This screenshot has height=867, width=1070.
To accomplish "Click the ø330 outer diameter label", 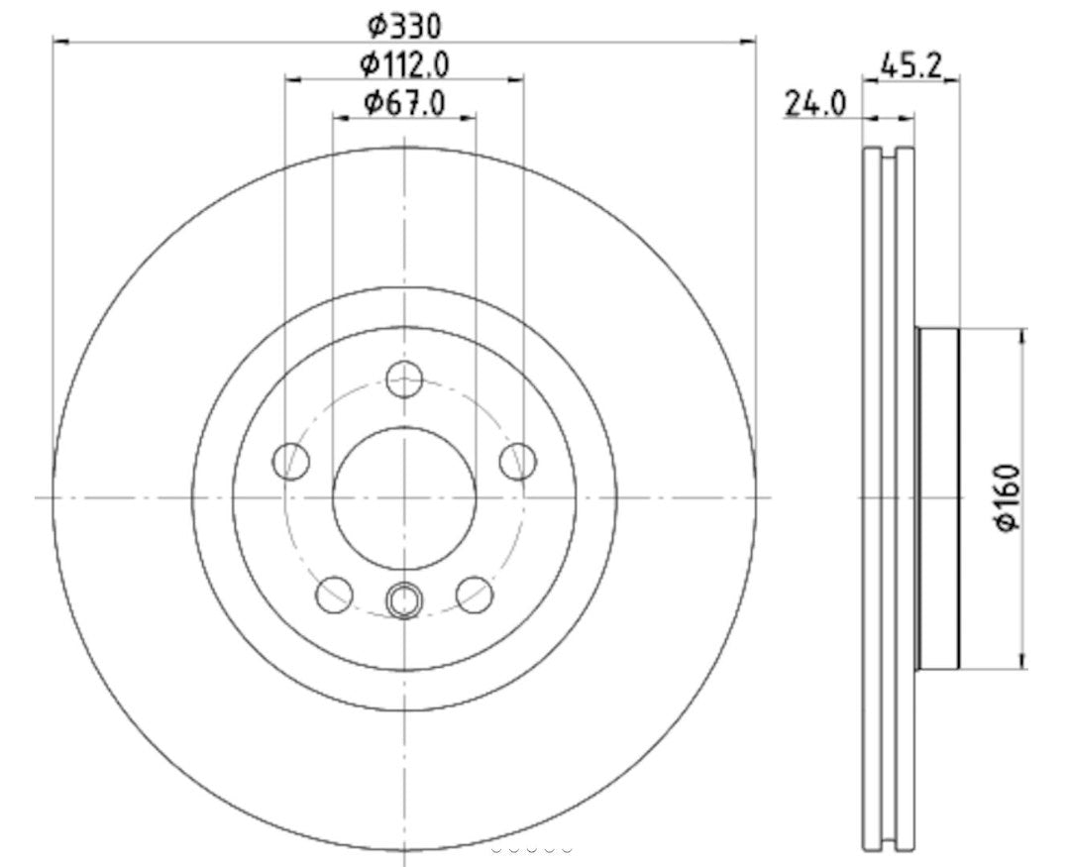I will [403, 23].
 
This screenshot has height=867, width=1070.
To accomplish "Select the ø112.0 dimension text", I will [404, 65].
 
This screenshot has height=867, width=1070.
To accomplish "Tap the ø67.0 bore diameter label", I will [403, 101].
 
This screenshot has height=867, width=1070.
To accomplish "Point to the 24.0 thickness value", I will [814, 102].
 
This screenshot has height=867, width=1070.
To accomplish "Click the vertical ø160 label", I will [1011, 498].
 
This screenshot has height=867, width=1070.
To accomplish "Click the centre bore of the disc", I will [404, 498].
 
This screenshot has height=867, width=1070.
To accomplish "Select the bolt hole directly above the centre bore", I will [404, 379].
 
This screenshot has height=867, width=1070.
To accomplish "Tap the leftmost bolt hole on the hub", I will [291, 461].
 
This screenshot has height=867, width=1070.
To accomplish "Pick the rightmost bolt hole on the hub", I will [517, 461].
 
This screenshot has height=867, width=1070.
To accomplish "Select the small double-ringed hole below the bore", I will [404, 599].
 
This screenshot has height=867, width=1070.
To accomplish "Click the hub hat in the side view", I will [938, 498].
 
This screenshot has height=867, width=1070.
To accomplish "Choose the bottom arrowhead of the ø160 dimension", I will [1022, 662].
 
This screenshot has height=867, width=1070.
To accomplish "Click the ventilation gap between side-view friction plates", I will [888, 498].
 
